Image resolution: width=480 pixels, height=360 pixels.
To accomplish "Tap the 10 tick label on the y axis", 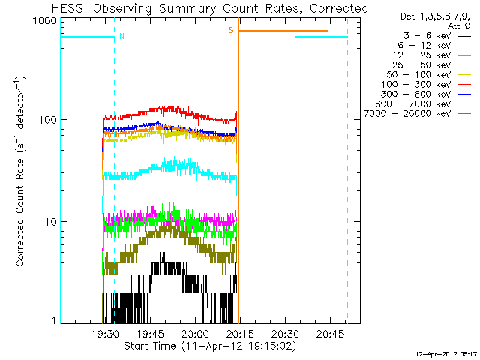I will [x=49, y=222].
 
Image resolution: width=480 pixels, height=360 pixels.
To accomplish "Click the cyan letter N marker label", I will [x=122, y=36].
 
